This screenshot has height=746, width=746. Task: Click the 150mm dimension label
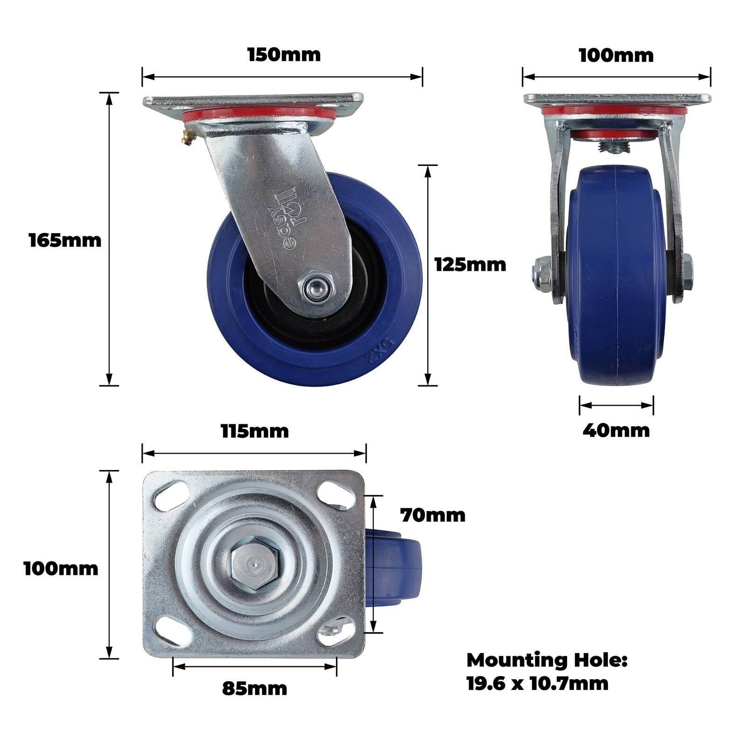coord(284,55)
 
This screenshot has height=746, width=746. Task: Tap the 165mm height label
coord(65,241)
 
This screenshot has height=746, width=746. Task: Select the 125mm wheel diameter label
coord(470,265)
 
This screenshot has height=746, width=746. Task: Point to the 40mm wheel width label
coord(616,430)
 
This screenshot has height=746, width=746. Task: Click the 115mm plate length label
coord(255,431)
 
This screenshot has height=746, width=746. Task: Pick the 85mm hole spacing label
coord(255,688)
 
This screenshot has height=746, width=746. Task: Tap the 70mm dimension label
coord(433,515)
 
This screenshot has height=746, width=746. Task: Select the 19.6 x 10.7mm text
coord(538,684)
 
